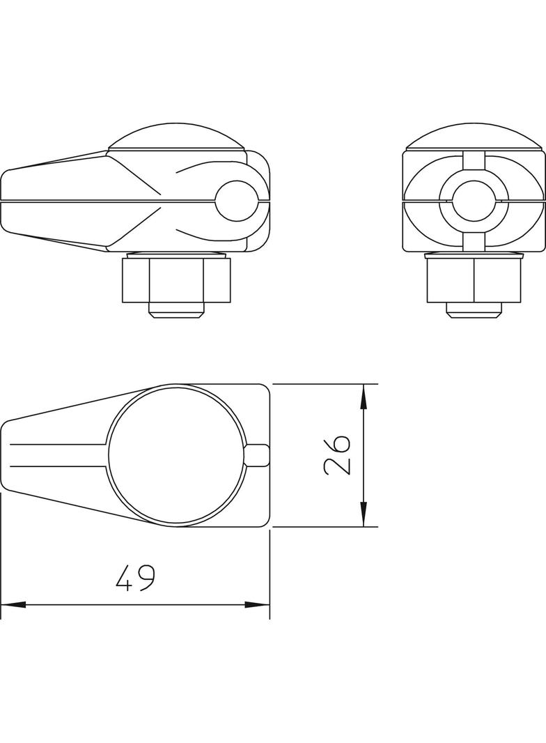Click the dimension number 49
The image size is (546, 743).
click(135, 577)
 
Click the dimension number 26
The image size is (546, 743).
click(337, 454)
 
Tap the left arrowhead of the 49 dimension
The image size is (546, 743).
click(13, 604)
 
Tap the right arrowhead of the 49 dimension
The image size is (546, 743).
click(257, 604)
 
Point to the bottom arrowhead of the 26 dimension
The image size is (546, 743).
click(364, 514)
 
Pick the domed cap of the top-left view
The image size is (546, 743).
click(177, 137)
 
